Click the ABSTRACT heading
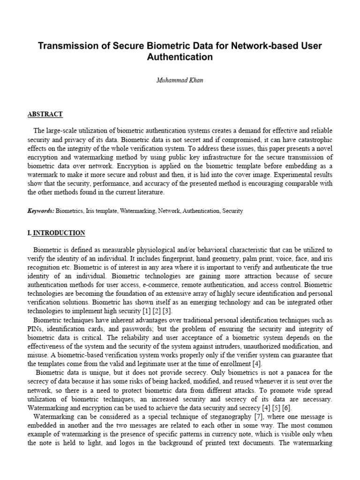click(45, 114)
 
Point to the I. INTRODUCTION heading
click(56, 233)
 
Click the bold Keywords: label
click(41, 211)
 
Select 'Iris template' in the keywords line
click(102, 211)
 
